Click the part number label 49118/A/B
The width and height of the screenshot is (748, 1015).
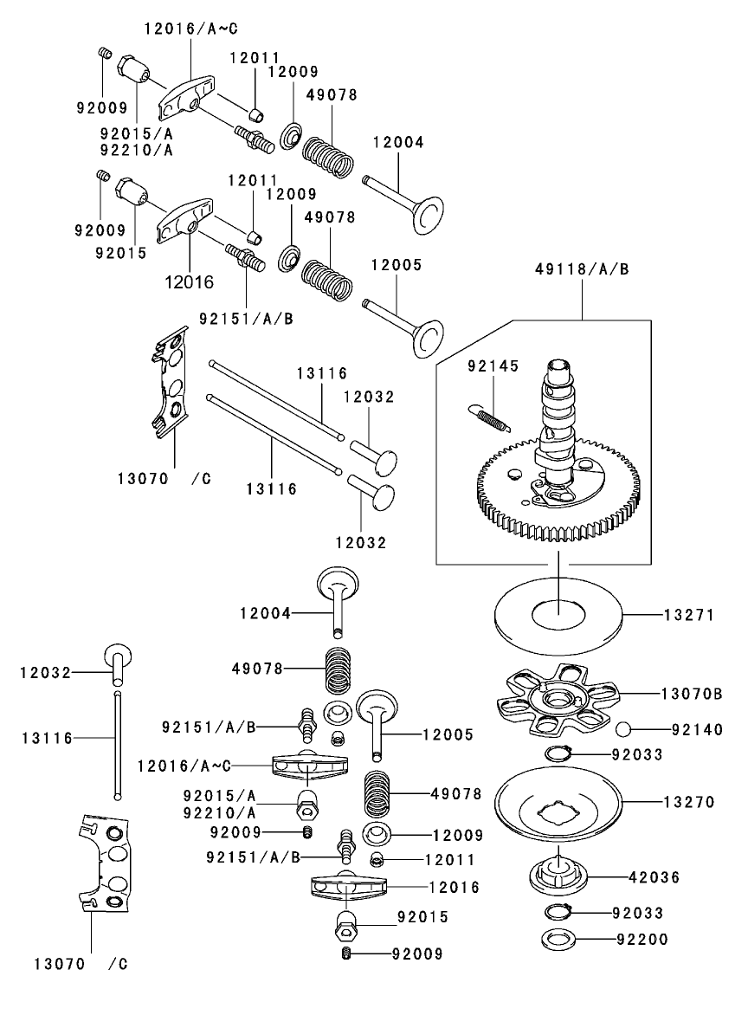click(581, 269)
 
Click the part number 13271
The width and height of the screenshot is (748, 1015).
click(688, 616)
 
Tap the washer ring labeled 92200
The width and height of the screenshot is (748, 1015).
click(556, 938)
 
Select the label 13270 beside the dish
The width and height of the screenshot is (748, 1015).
click(688, 803)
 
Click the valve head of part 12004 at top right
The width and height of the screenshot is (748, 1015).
click(426, 214)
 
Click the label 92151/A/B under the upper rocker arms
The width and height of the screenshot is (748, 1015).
click(246, 318)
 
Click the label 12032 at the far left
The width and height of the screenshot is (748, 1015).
click(45, 672)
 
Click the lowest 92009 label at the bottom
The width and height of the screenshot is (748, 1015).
click(416, 954)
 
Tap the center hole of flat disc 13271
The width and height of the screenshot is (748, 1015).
click(558, 614)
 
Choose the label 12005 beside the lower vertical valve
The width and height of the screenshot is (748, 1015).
click(448, 734)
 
